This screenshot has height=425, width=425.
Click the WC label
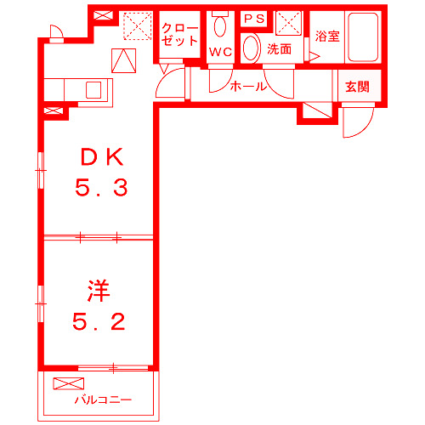[x=220, y=52]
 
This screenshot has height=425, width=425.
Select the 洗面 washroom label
[x=279, y=49]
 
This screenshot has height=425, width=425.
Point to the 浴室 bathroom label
[x=327, y=36]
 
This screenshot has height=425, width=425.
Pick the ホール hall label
[x=249, y=86]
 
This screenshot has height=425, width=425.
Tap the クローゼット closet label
[x=179, y=34]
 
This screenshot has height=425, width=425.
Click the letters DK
[x=102, y=156]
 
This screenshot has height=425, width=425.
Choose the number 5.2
[x=99, y=322]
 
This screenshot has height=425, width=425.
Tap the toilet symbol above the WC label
[x=220, y=26]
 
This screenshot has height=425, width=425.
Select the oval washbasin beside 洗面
[x=251, y=48]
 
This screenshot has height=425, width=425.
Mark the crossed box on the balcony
[x=64, y=382]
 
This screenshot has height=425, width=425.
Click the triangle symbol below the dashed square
[x=124, y=60]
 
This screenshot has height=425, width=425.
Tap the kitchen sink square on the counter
[x=93, y=89]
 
